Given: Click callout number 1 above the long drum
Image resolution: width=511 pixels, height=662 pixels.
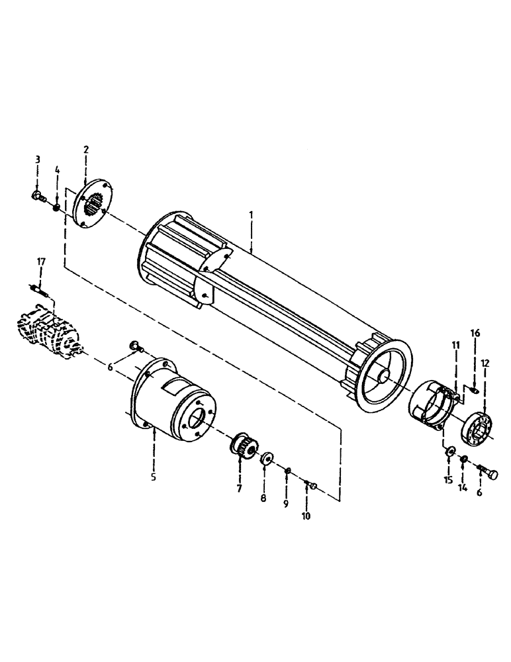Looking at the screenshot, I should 252,216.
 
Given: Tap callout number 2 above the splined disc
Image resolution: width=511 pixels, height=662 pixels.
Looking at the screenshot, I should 86,150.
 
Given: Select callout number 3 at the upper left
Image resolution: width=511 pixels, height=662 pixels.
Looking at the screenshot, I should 38,160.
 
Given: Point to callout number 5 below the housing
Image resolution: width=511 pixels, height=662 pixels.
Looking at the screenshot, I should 154,476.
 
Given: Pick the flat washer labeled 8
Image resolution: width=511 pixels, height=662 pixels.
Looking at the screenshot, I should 267,459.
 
